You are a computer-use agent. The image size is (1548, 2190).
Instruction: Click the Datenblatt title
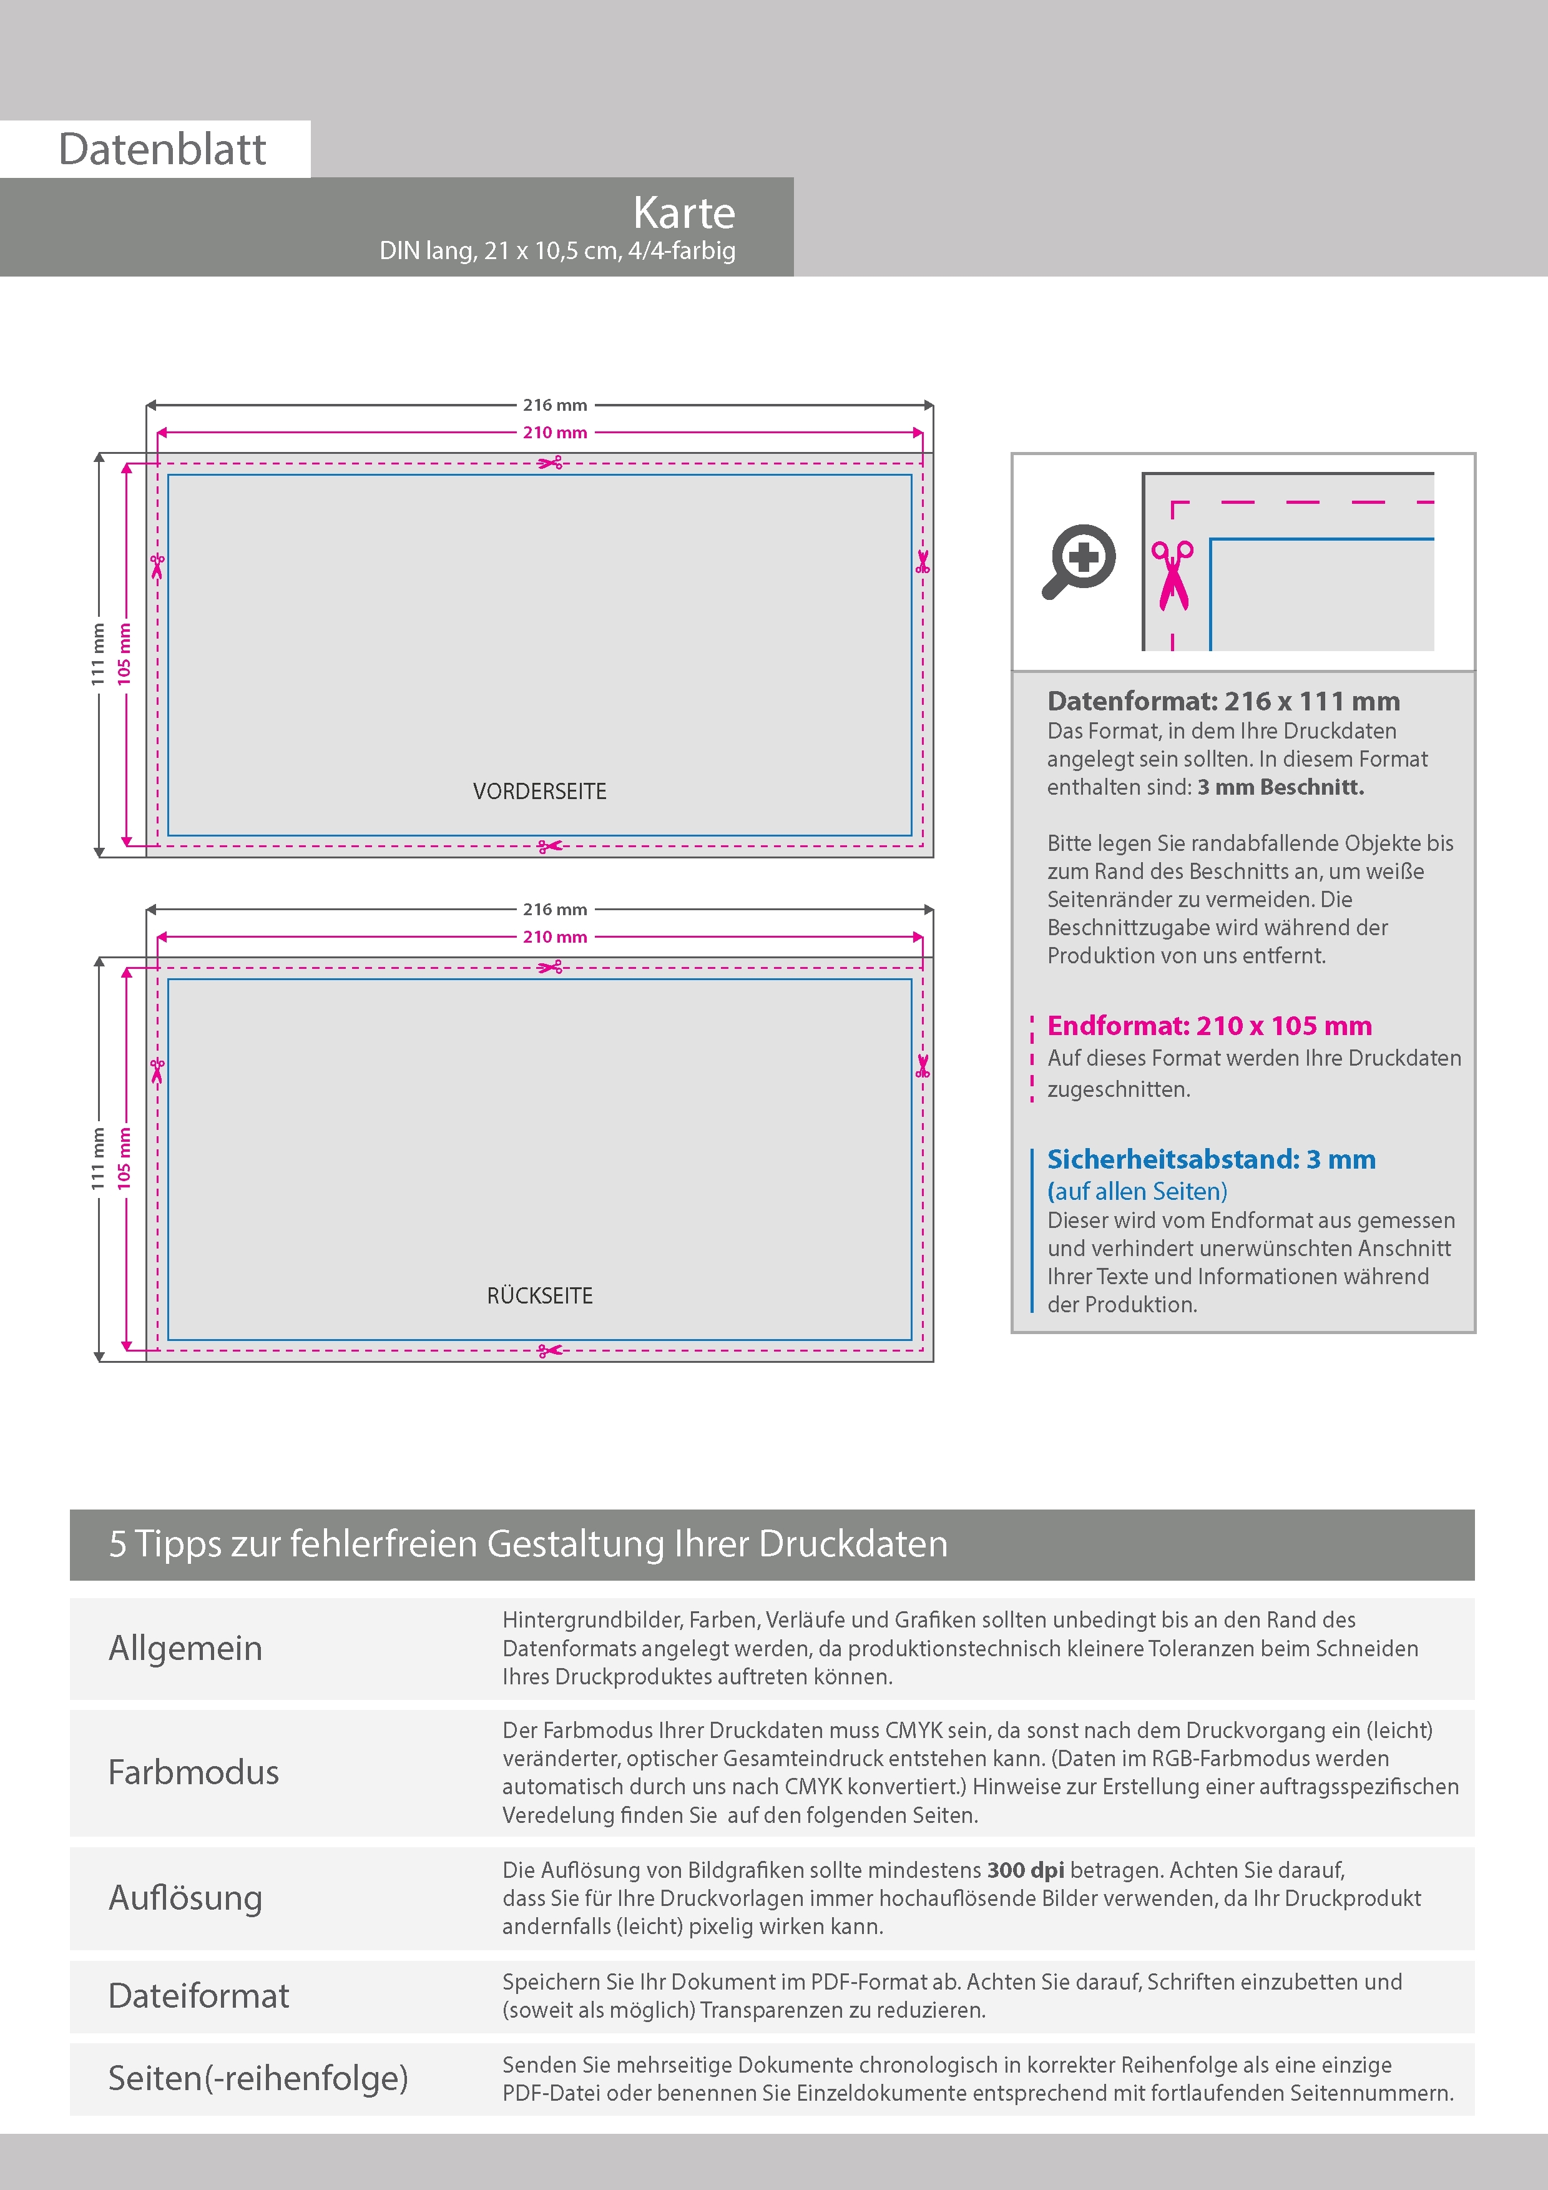(x=162, y=150)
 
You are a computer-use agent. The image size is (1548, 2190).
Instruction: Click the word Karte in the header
(x=684, y=213)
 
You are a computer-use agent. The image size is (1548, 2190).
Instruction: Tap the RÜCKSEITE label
(x=540, y=1296)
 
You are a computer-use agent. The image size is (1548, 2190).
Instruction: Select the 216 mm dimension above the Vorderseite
(x=554, y=405)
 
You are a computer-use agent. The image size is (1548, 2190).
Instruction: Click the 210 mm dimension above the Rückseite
(x=554, y=936)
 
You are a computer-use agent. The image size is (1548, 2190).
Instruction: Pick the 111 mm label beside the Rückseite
(x=98, y=1158)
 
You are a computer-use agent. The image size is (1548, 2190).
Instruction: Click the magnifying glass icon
(x=1079, y=560)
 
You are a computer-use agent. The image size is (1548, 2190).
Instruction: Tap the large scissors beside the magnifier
(x=1172, y=575)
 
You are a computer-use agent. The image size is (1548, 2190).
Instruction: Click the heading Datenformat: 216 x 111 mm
(x=1223, y=701)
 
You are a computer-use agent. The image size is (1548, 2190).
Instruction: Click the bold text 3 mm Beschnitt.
(x=1281, y=787)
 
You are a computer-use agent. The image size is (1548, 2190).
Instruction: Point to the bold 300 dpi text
(x=1026, y=1870)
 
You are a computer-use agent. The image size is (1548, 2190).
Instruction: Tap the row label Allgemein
(x=185, y=1647)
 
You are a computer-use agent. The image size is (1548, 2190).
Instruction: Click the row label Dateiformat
(x=198, y=1995)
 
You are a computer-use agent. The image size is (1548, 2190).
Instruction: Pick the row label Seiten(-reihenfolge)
(x=258, y=2078)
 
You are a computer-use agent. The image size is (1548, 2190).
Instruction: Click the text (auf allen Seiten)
(x=1137, y=1191)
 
